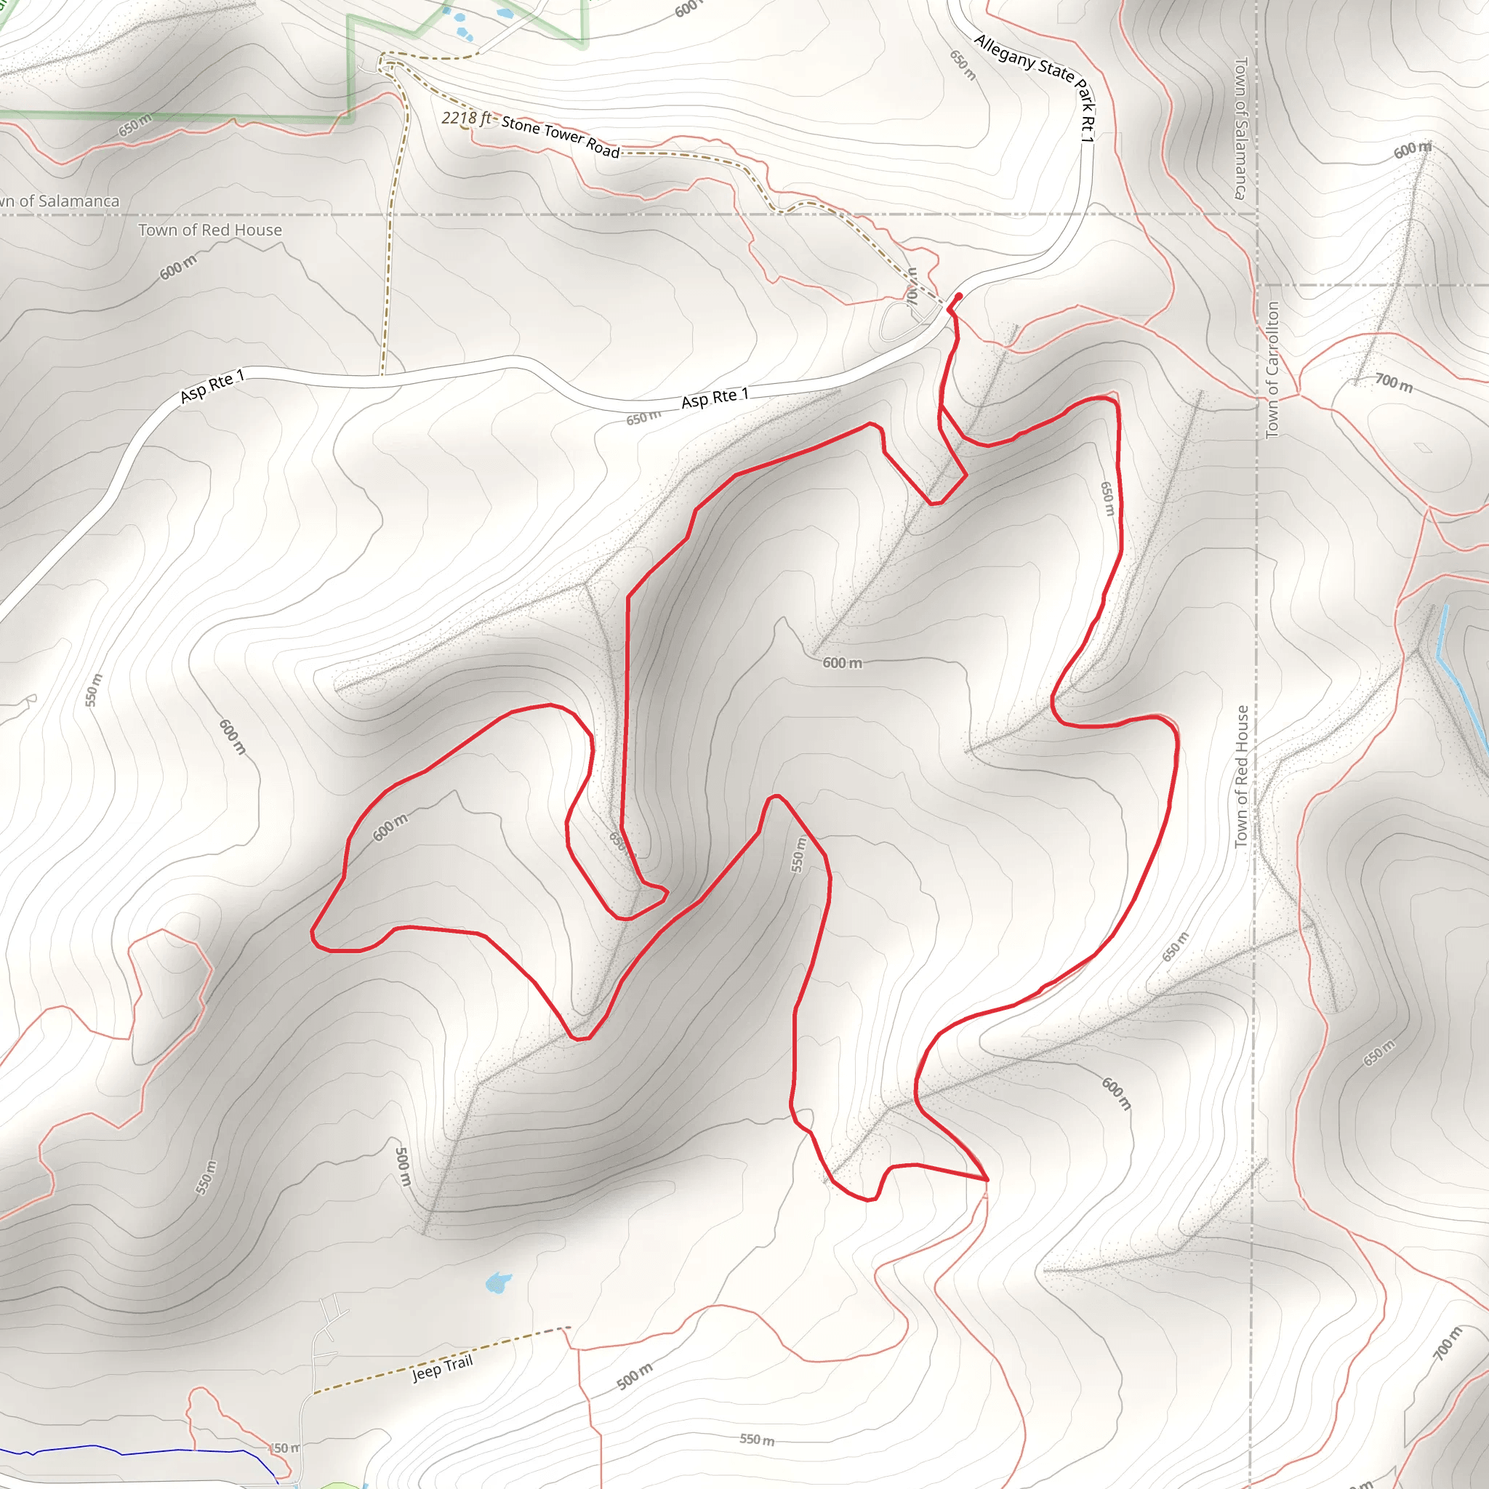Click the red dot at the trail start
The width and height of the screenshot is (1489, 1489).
click(958, 296)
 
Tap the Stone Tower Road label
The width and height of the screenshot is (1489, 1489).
click(561, 137)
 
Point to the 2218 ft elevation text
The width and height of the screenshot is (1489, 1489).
click(465, 119)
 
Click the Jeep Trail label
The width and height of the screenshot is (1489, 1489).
click(441, 1368)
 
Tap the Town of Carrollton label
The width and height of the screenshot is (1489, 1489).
click(1272, 370)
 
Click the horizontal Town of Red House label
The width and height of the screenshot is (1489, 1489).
click(209, 230)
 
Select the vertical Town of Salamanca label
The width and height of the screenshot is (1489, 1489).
click(1240, 128)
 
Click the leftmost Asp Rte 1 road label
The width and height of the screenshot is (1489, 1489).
click(212, 385)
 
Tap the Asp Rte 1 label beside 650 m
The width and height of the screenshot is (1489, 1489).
click(715, 398)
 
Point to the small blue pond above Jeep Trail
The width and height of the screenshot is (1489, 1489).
click(498, 1283)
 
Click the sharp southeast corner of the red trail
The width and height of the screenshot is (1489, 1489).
click(987, 1179)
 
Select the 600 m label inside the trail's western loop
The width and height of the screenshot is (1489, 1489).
click(390, 827)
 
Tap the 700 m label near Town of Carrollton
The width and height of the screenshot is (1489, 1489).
click(1394, 382)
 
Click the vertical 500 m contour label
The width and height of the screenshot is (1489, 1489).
click(401, 1166)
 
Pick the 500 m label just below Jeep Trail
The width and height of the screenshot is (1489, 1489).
click(634, 1376)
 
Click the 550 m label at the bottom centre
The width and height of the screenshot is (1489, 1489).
click(757, 1439)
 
